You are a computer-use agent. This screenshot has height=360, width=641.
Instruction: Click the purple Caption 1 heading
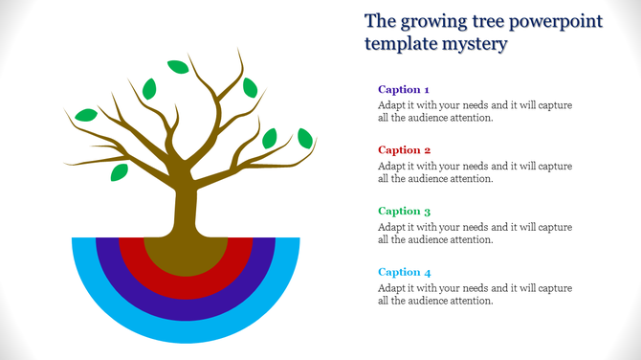click(x=404, y=89)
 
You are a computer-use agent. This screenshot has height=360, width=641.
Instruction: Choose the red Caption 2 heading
click(x=404, y=150)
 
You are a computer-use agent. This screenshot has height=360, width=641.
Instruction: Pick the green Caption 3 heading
click(x=404, y=211)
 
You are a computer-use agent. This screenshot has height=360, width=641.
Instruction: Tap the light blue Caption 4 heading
click(x=404, y=272)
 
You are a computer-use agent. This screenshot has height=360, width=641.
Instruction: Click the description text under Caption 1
click(x=475, y=111)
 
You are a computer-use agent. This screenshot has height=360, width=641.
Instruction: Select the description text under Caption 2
click(x=475, y=172)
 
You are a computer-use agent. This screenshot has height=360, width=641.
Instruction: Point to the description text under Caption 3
click(x=475, y=233)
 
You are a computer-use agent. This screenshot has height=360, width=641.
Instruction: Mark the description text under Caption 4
click(x=475, y=294)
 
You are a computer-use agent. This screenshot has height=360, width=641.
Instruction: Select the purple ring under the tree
click(x=186, y=309)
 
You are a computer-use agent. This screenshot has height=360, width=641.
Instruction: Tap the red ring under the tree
click(x=186, y=286)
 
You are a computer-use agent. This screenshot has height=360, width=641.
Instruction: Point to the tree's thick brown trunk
click(x=185, y=206)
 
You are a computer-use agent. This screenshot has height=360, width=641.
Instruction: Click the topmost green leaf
click(x=178, y=66)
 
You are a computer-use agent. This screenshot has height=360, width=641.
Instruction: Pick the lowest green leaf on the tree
click(x=119, y=172)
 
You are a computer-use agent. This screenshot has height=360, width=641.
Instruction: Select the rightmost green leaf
click(x=305, y=138)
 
